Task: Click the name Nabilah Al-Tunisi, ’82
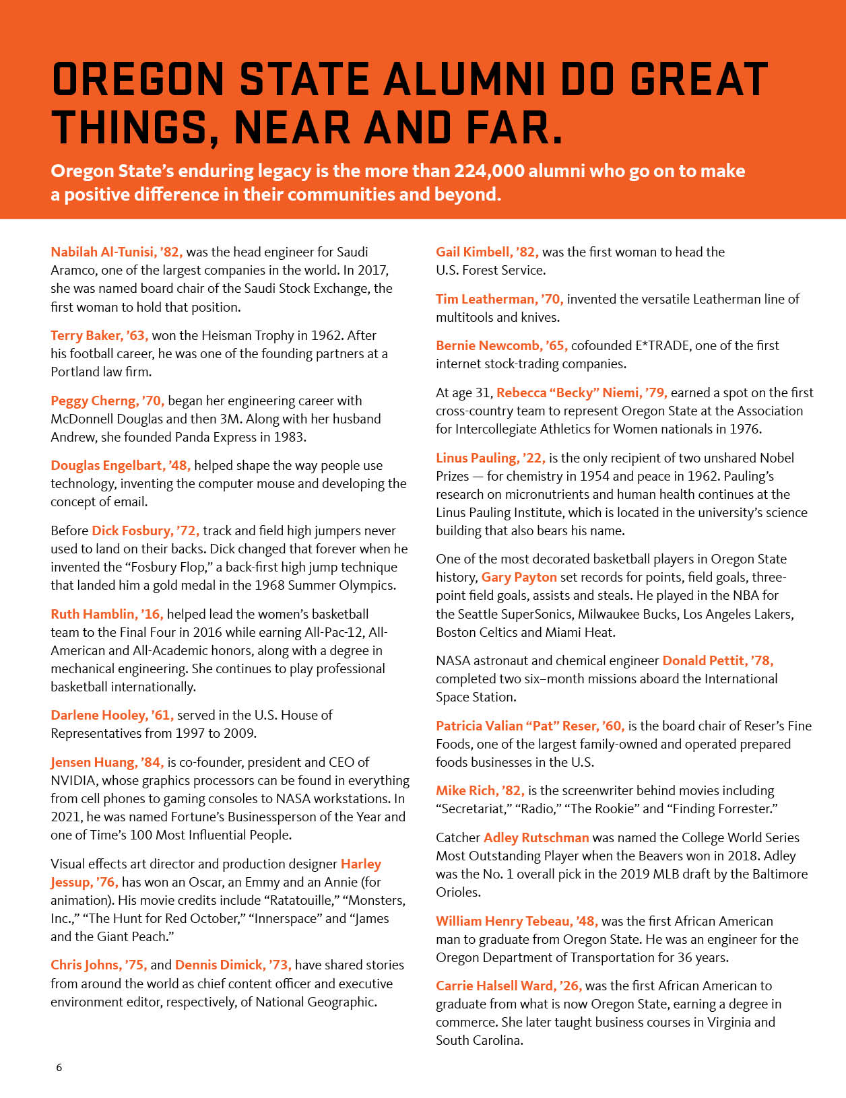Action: [117, 252]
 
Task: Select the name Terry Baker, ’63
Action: [99, 336]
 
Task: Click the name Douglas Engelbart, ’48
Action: [121, 466]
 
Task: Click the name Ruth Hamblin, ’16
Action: [106, 615]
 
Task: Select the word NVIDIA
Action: [74, 781]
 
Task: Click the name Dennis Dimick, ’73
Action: [233, 965]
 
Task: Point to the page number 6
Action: [59, 1068]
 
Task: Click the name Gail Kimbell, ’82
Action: [487, 252]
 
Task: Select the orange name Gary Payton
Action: [519, 578]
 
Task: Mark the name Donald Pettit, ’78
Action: [717, 661]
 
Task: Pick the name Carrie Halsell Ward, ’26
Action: [509, 986]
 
